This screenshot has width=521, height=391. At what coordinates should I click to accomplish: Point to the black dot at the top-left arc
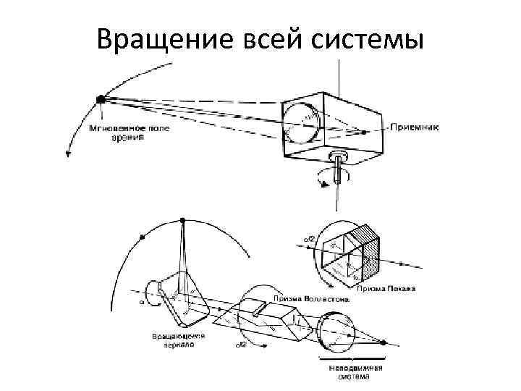101,98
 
